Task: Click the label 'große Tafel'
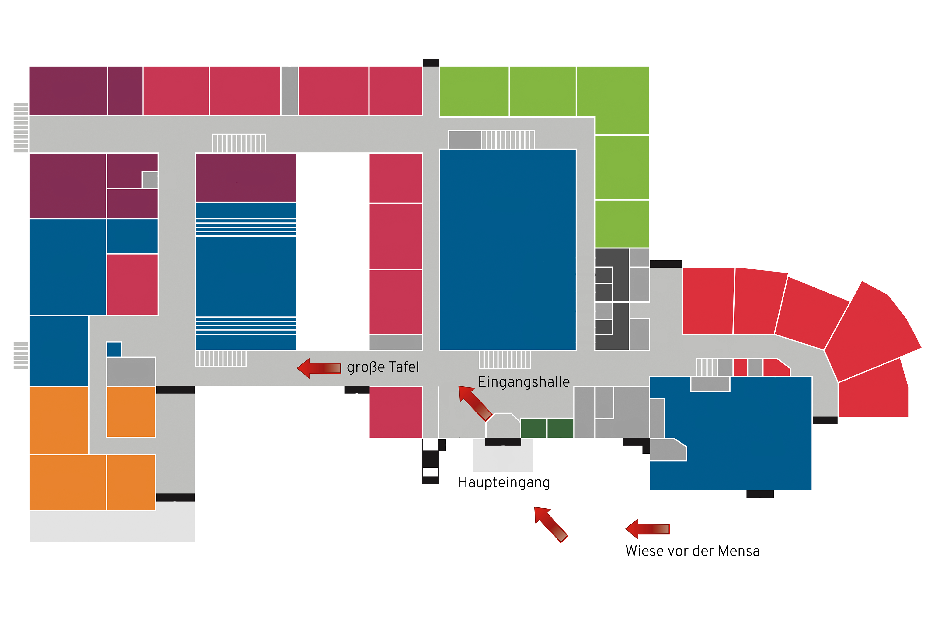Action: [383, 367]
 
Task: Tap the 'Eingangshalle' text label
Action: [523, 382]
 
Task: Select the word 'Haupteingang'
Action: [504, 483]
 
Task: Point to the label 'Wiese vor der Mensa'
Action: [692, 551]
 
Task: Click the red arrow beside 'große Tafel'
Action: [319, 368]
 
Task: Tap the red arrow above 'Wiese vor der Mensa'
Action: [647, 529]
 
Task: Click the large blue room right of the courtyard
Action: [508, 250]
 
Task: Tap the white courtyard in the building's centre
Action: [333, 250]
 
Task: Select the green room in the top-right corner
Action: [613, 100]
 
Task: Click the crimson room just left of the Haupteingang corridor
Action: [395, 412]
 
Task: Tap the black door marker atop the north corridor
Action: [431, 63]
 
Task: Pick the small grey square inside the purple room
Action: [150, 180]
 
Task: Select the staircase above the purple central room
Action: [239, 143]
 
